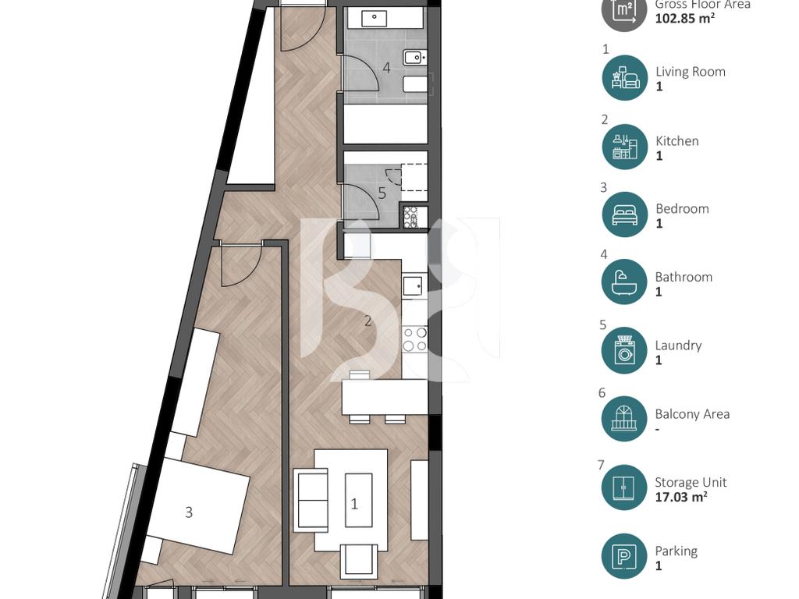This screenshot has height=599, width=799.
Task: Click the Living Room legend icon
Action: coord(625,78)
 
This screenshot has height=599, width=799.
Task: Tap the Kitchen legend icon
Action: coord(625,147)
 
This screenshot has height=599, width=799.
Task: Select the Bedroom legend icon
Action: coord(625,214)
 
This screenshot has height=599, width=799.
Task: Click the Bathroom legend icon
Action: coord(625,282)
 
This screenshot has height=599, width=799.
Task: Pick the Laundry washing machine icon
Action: coord(625,350)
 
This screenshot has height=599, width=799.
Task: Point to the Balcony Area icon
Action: coord(625,419)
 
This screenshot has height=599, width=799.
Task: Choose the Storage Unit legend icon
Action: coord(625,487)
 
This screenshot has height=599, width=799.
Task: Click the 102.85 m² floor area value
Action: coord(684,19)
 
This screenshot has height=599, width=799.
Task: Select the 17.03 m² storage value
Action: coord(680,497)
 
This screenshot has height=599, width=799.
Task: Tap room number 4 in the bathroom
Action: coord(387,68)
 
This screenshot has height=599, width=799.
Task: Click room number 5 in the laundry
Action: coord(382,193)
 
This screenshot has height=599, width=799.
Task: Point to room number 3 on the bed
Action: coord(189,512)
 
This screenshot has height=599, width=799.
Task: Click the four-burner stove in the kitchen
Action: coord(415,339)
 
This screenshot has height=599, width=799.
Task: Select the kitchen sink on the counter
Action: coord(413,285)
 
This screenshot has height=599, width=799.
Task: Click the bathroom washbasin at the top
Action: coord(375,19)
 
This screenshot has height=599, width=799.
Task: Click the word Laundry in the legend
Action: coord(678,346)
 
